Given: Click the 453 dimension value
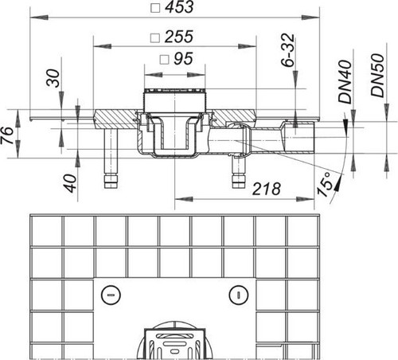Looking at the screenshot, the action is coord(179,7).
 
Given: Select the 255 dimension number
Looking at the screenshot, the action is coord(179,37).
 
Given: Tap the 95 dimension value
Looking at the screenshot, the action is coord(183,59).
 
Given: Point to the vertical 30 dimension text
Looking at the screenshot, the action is coord(53,78).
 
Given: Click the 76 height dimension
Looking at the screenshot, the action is coord(7,135).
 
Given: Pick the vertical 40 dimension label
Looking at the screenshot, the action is coord(70,183).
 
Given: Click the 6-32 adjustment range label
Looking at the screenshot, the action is coord(287,49).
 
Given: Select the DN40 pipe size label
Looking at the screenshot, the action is coord(345,82).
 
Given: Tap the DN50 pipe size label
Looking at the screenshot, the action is coord(377,76).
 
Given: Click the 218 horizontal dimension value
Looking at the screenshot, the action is coord(266,189).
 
